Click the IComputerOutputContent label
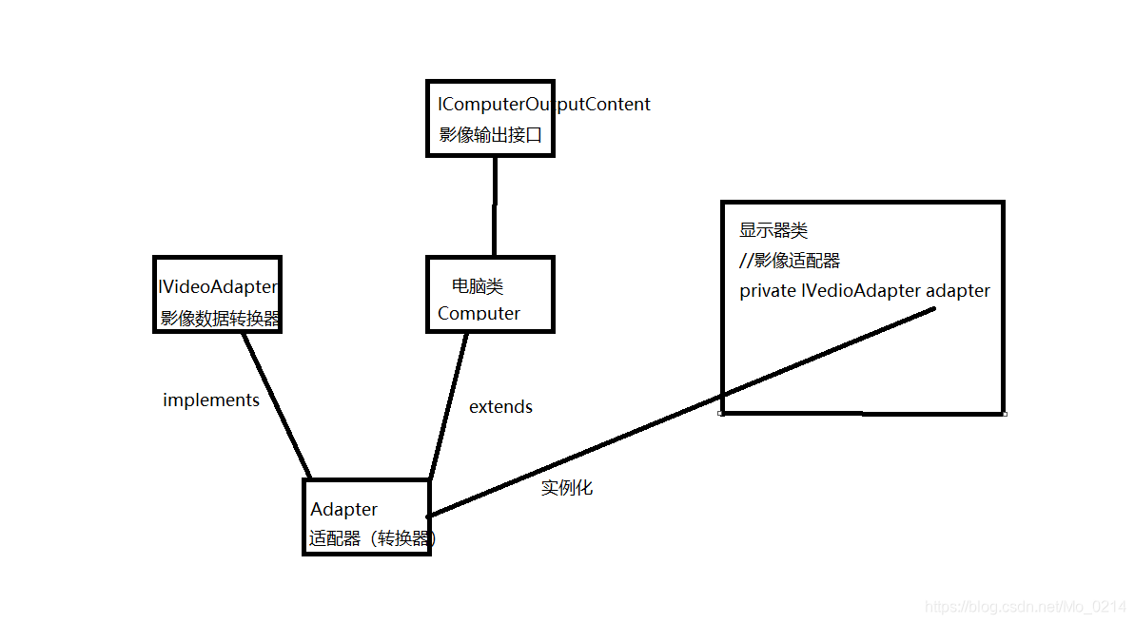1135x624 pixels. (x=543, y=105)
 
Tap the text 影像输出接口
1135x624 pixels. (x=490, y=135)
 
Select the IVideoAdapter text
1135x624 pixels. (x=218, y=286)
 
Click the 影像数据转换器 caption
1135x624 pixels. (x=220, y=319)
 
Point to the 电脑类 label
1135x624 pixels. (x=478, y=285)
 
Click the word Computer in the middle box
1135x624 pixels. (x=479, y=313)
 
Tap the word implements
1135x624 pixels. (x=211, y=400)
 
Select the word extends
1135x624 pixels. (x=500, y=407)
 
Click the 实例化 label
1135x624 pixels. (x=567, y=488)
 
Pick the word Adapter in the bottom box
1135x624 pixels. (x=343, y=510)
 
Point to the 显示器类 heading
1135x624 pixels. (x=773, y=230)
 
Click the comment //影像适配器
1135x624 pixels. (x=790, y=261)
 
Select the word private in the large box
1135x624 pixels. (x=767, y=291)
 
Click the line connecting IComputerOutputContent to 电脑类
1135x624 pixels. (x=495, y=205)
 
